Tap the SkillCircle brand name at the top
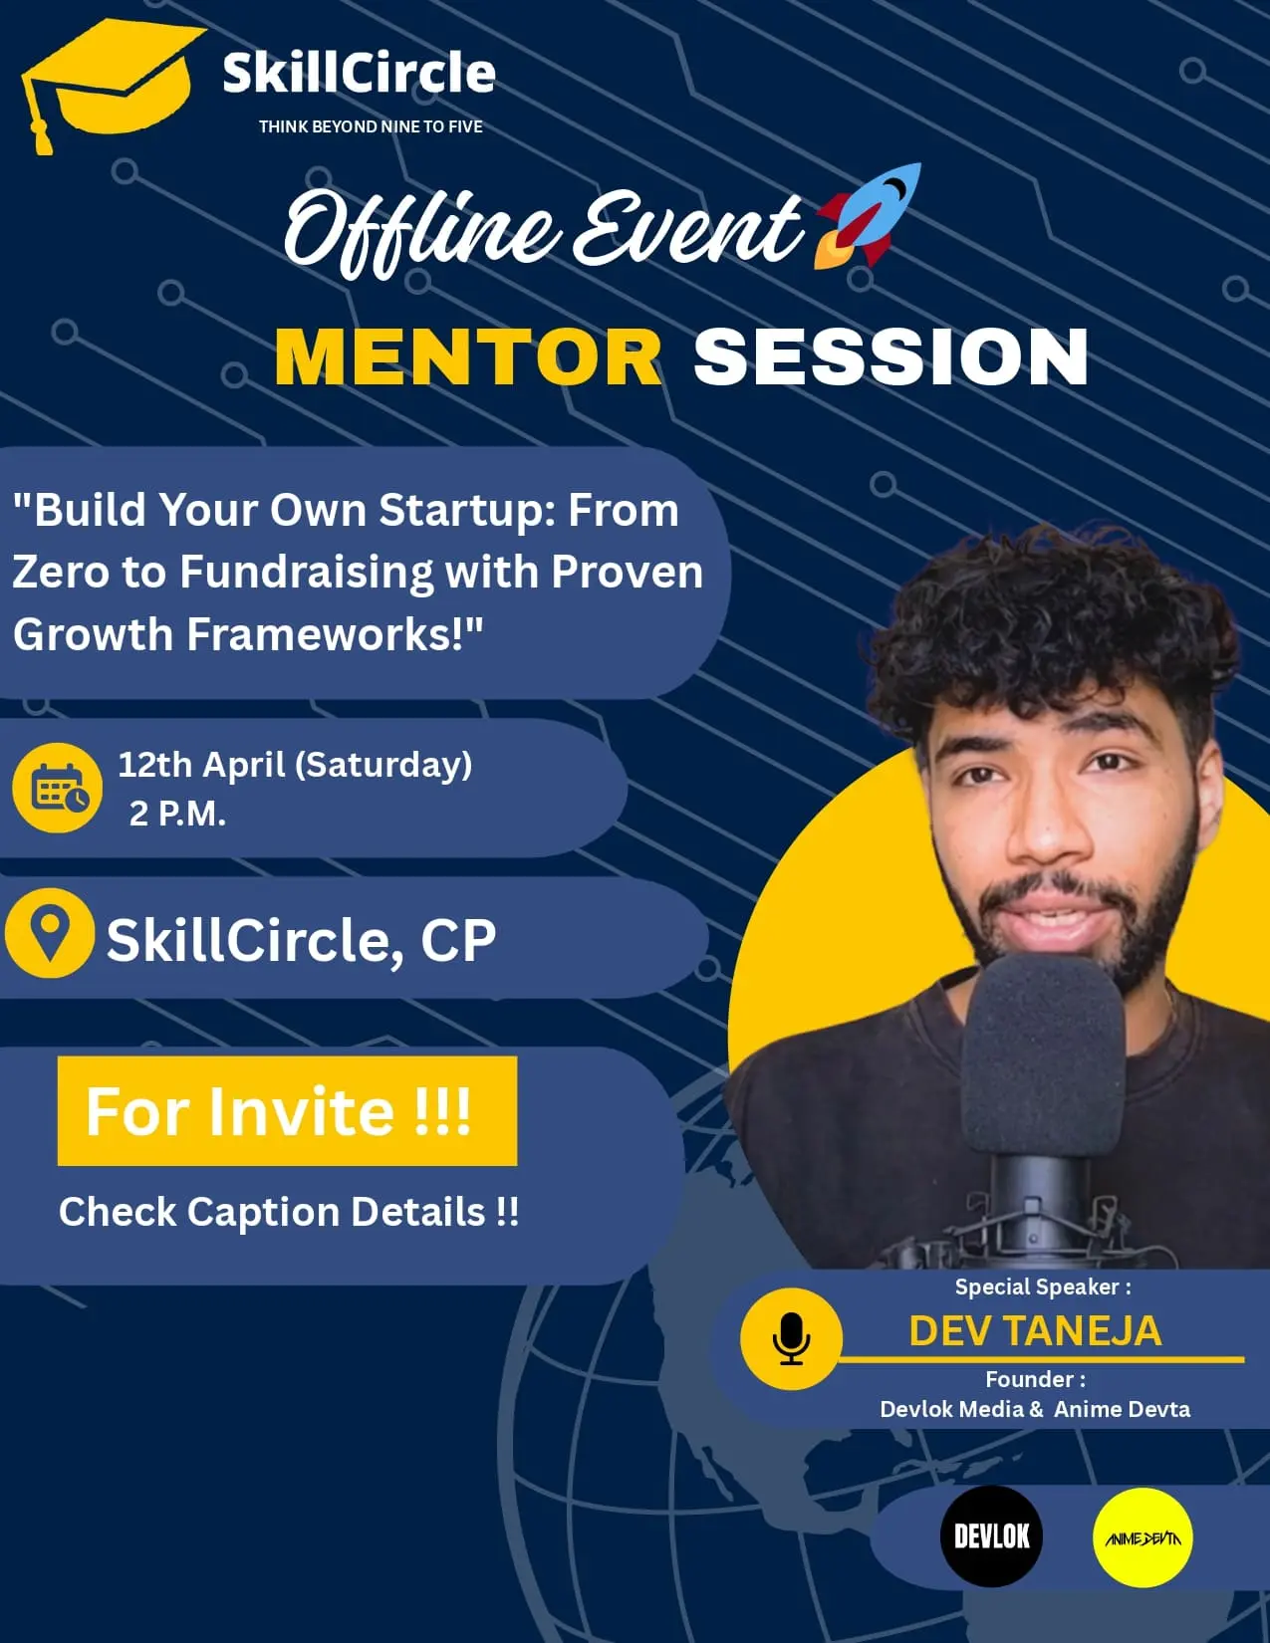pyautogui.click(x=359, y=74)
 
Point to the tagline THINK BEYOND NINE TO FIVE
pyautogui.click(x=371, y=126)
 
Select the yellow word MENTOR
pyautogui.click(x=468, y=356)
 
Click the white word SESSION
pyautogui.click(x=890, y=356)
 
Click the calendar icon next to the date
pyautogui.click(x=58, y=788)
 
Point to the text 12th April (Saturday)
pyautogui.click(x=295, y=765)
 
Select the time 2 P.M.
pyautogui.click(x=177, y=814)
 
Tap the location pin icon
pyautogui.click(x=50, y=933)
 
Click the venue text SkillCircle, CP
pyautogui.click(x=301, y=940)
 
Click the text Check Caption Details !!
pyautogui.click(x=289, y=1212)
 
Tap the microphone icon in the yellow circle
pyautogui.click(x=791, y=1338)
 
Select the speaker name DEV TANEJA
pyautogui.click(x=1035, y=1331)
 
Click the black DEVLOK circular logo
pyautogui.click(x=991, y=1536)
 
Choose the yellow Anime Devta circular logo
pyautogui.click(x=1143, y=1537)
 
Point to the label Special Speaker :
pyautogui.click(x=1043, y=1287)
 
